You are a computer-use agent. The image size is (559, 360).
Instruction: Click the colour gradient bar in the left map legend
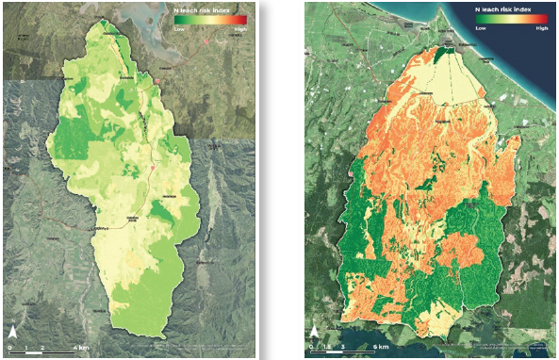coord(210,20)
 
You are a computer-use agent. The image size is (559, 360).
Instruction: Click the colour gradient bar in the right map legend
coord(511,20)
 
